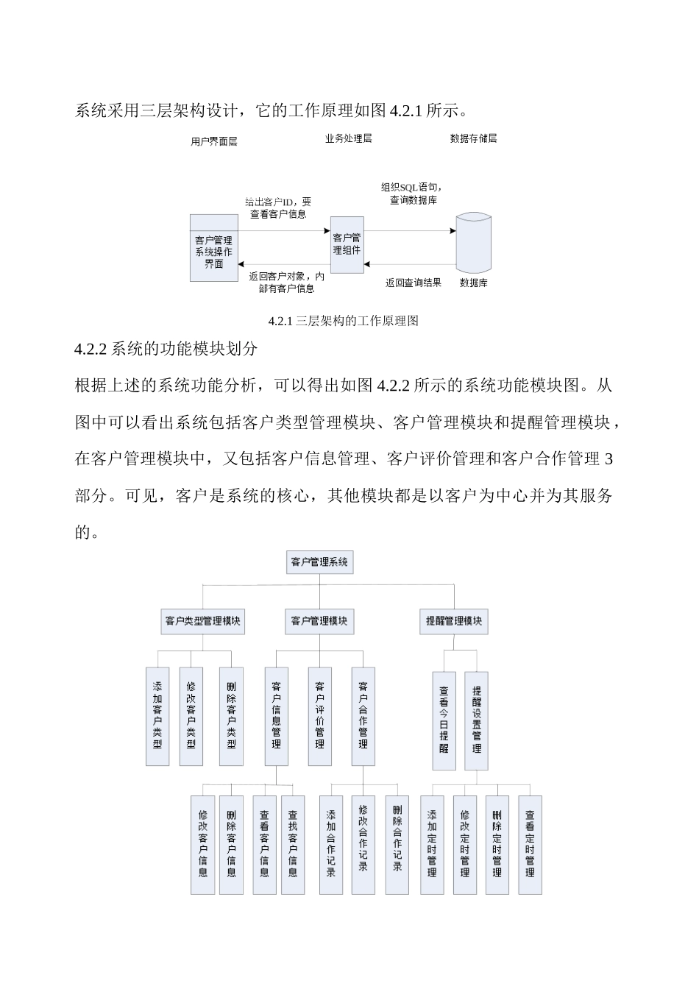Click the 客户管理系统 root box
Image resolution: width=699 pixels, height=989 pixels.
point(319,562)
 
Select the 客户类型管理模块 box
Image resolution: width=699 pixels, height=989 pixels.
point(202,621)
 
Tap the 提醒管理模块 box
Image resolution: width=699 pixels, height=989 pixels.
point(454,621)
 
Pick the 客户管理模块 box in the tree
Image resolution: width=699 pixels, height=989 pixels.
point(319,621)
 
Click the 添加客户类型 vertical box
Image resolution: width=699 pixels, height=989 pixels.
point(157,716)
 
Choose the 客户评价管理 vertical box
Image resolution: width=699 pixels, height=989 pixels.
point(319,716)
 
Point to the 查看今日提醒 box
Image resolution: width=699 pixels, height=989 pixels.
point(444,720)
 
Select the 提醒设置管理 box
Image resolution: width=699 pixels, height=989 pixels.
point(476,720)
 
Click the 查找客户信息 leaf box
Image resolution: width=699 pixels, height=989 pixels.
point(293,844)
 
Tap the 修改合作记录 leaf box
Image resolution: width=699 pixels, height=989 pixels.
point(363,844)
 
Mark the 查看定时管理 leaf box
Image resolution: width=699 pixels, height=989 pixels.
point(530,844)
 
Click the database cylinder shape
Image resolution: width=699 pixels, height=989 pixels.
point(473,243)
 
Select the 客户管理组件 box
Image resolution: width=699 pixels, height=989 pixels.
point(347,244)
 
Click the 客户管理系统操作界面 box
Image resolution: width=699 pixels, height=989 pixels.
point(213,248)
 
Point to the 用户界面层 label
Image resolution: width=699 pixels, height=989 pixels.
point(213,141)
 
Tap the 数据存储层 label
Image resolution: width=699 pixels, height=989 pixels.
point(473,138)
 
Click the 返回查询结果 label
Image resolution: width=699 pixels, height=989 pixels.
point(414,283)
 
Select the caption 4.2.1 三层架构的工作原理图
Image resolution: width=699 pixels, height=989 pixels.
point(344,321)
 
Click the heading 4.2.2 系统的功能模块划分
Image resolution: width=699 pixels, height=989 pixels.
point(166,349)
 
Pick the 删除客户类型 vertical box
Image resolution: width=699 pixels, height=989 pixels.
point(231,716)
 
